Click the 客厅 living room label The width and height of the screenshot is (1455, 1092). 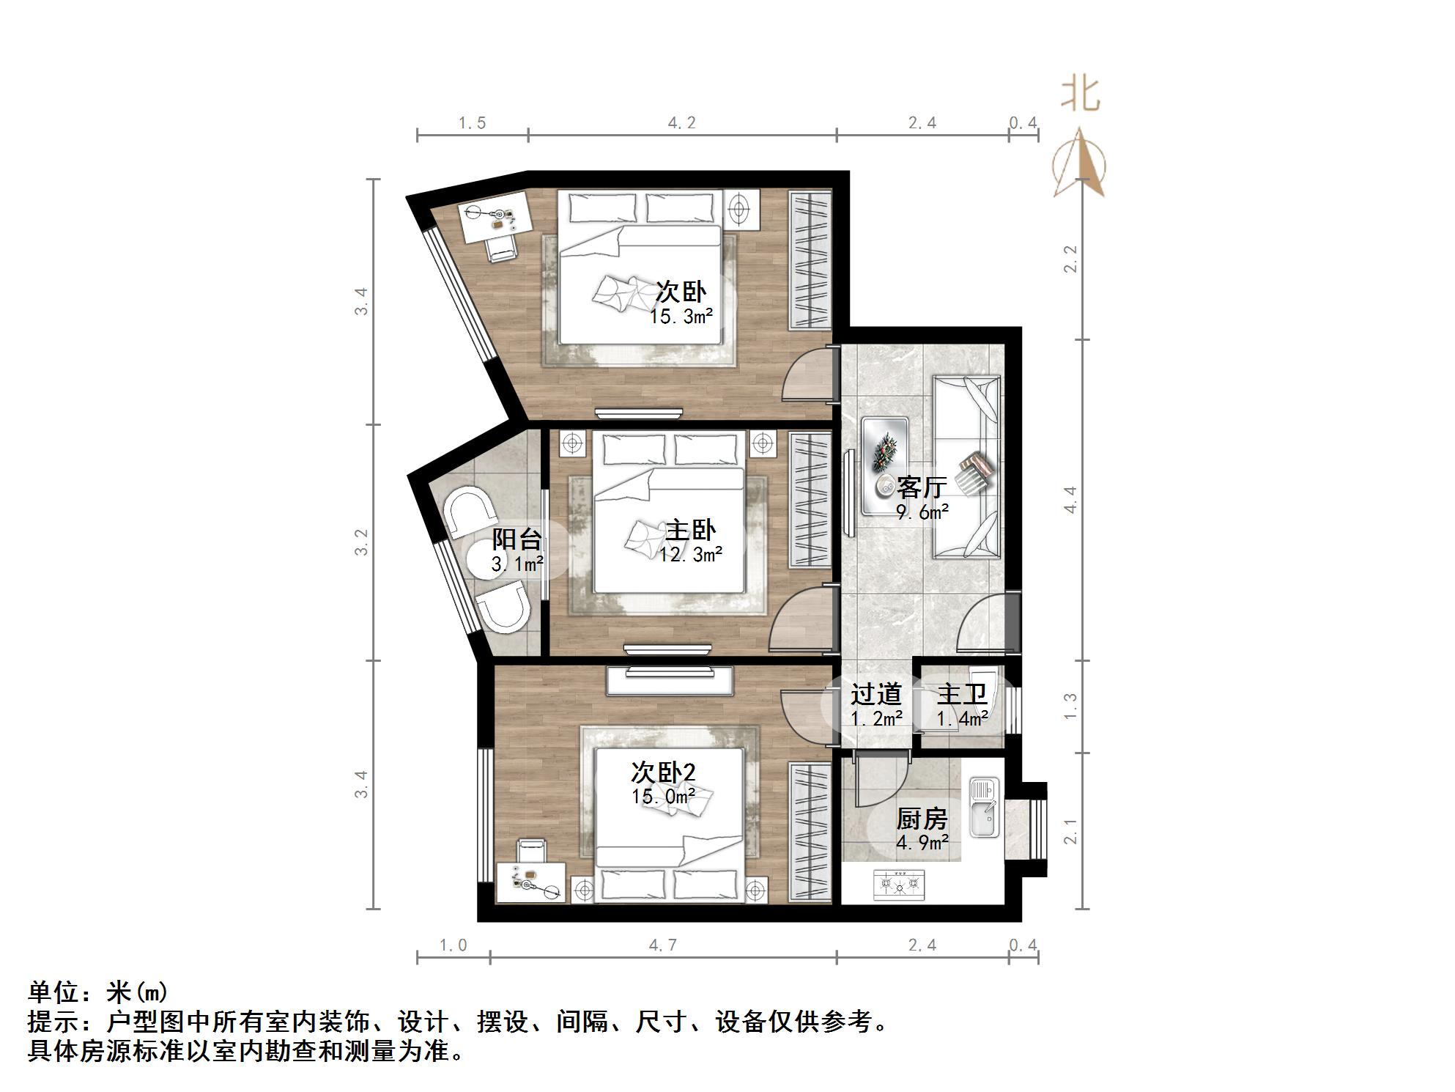pos(922,487)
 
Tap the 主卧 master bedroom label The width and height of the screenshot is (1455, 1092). pos(690,530)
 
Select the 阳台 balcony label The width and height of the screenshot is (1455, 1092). pos(517,539)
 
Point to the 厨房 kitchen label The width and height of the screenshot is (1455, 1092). pos(922,818)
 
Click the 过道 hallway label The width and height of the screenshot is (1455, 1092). pos(875,693)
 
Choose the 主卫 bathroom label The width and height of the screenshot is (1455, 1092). pos(961,693)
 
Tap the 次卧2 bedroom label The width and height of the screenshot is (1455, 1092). pos(663,772)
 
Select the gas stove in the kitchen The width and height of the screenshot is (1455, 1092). pos(900,885)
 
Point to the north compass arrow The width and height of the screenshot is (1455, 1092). pos(1080,165)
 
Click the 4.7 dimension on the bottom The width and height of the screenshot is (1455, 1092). pos(662,945)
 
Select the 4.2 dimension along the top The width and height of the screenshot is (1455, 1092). pos(681,123)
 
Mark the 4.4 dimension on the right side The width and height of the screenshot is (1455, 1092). pos(1070,500)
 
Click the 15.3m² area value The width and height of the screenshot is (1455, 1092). pos(681,317)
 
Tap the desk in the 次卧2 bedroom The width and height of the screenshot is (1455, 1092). pos(531,882)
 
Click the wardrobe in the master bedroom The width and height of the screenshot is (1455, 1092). pos(810,498)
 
